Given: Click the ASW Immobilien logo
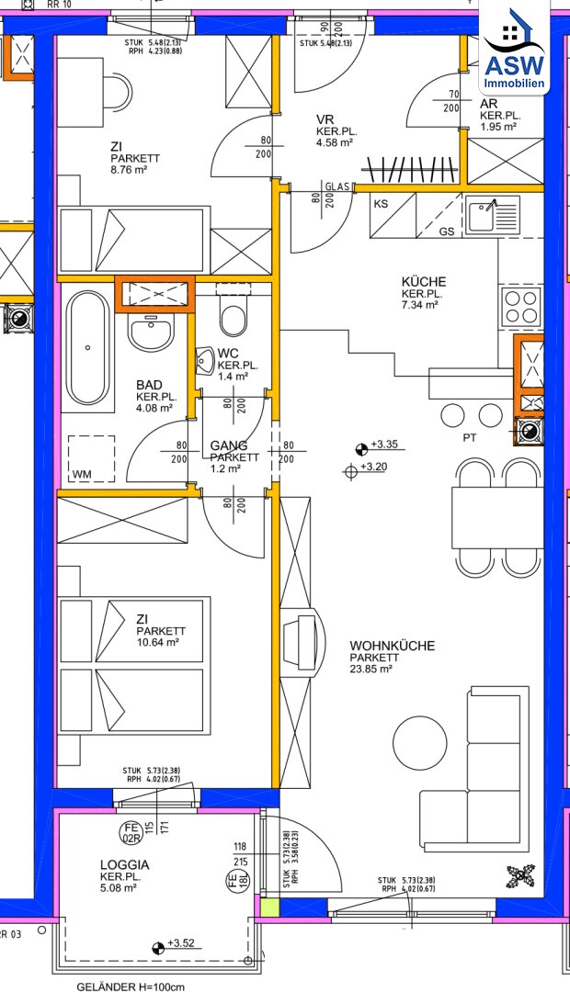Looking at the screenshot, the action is (x=514, y=50).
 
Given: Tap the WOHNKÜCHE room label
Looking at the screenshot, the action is (x=392, y=646).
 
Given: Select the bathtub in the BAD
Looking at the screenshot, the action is (x=88, y=347).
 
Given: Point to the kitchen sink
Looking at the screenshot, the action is (x=493, y=213).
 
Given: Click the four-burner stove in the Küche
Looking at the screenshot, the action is (x=521, y=307).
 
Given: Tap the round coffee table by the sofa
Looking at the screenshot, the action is (x=419, y=743).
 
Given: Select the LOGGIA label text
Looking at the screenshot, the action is (x=124, y=865).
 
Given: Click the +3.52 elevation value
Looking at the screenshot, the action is (x=180, y=943).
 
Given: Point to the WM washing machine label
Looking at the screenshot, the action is (x=81, y=474).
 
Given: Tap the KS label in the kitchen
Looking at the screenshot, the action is (x=381, y=204).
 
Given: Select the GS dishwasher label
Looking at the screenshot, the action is (x=447, y=231).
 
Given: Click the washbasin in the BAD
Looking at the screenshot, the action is (x=151, y=333).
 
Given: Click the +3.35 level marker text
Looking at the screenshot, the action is (x=383, y=445).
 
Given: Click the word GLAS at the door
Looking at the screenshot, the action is (x=338, y=187).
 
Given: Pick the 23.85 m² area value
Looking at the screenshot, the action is (x=371, y=668).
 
